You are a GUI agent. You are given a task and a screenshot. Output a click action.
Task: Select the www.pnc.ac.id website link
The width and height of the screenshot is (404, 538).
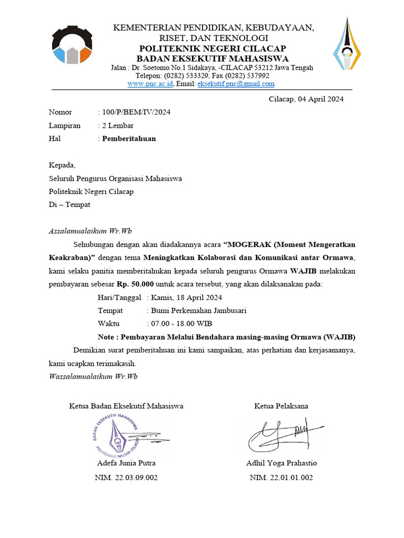[x=150, y=84]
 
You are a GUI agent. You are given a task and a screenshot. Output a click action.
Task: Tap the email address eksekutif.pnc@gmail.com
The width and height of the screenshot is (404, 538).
[x=236, y=84]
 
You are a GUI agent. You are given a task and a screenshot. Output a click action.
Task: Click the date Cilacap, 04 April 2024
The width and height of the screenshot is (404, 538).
[x=306, y=99]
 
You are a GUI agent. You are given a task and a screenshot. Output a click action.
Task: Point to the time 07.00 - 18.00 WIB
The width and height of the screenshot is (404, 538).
[x=181, y=324]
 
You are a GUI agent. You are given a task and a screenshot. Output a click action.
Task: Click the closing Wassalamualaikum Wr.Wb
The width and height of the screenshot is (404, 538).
[x=93, y=376]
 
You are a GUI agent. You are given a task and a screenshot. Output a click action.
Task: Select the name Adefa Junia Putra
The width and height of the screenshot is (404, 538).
[x=126, y=463]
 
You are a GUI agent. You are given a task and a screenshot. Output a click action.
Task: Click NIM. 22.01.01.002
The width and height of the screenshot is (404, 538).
[x=281, y=478]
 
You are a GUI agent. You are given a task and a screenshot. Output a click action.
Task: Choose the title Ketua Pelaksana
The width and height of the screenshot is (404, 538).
[x=281, y=406]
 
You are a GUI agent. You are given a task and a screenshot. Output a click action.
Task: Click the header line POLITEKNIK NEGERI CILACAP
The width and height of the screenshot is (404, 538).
[x=213, y=48]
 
